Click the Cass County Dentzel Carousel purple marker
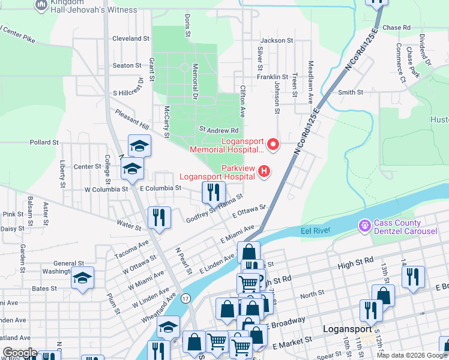pos(364,226)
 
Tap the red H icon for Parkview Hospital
pos(264,172)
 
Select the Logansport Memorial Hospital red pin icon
pos(273,144)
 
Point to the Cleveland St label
pos(131,38)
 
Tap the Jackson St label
pos(277,41)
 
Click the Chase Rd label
pos(396,28)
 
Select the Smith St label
pos(351,92)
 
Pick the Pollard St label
pos(44,143)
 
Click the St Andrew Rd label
pos(219,130)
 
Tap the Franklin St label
pos(273,77)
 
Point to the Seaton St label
pos(127,65)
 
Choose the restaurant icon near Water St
pos(160,217)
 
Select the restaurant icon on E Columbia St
pos(214,191)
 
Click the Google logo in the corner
pos(20,353)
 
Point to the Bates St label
pos(44,289)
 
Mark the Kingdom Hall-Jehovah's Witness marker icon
pos(41,5)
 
